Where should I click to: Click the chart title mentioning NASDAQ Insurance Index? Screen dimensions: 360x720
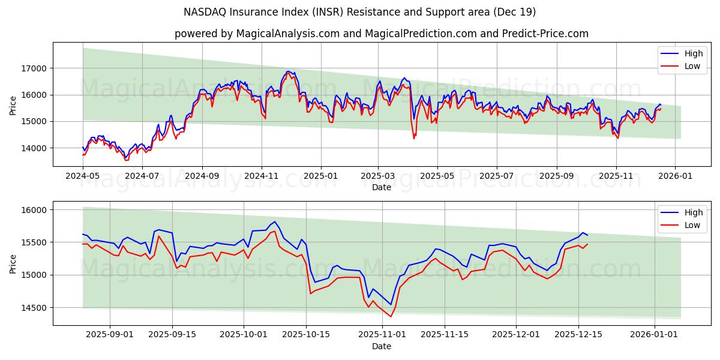tap(360, 12)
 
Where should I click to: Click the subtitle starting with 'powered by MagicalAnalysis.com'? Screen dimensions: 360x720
tap(381, 34)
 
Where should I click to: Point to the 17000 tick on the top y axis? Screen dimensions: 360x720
tap(34, 68)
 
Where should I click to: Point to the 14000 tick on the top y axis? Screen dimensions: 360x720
tap(34, 148)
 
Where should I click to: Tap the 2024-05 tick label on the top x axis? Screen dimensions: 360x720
tap(83, 176)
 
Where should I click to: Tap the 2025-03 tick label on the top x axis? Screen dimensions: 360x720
tap(378, 176)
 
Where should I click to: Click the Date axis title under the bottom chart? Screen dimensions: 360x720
tap(381, 346)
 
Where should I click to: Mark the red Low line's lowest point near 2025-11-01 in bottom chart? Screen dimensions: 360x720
tap(391, 316)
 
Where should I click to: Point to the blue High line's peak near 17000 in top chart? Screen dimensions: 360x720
tap(288, 71)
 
